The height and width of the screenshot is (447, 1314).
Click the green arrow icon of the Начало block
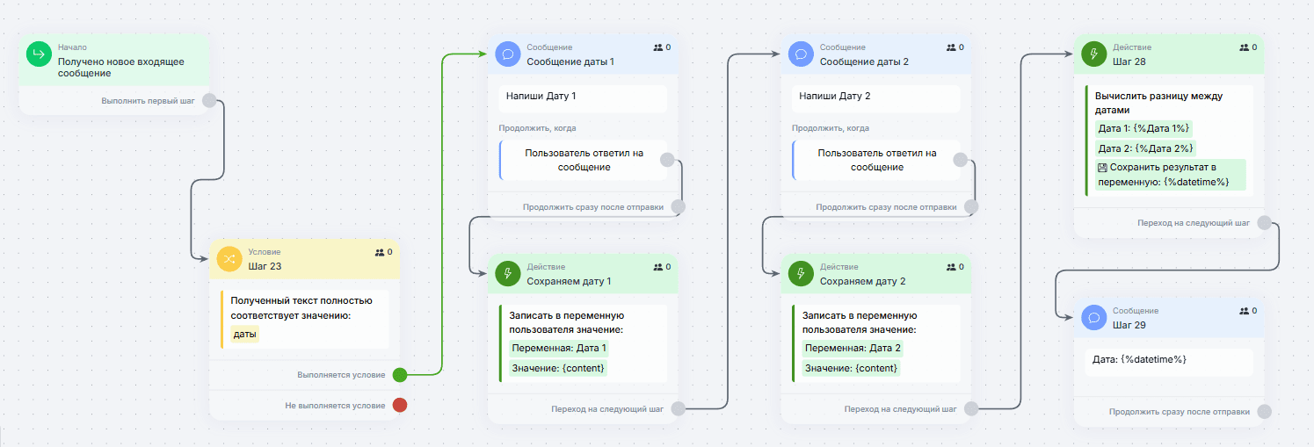click(39, 54)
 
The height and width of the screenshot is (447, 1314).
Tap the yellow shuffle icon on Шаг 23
click(229, 259)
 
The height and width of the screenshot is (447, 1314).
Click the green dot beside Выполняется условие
click(400, 375)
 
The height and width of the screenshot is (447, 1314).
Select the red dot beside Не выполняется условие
click(400, 405)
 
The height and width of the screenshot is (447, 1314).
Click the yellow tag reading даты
click(244, 334)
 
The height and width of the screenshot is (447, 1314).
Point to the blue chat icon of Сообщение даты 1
click(508, 54)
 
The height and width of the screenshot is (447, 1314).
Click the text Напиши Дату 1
click(541, 96)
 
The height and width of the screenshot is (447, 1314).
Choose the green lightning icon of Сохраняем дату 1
click(508, 274)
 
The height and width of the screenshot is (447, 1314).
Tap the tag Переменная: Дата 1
click(558, 348)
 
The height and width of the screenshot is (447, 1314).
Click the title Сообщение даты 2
click(864, 61)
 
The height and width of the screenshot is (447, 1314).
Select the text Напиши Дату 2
click(834, 96)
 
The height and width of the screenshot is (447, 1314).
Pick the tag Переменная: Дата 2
click(853, 348)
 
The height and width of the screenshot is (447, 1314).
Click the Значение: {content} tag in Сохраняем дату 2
click(851, 368)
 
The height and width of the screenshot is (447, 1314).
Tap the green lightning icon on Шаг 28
click(1094, 54)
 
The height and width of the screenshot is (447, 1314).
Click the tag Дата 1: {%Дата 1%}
click(1143, 128)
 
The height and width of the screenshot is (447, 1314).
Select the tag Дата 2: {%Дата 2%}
click(1145, 148)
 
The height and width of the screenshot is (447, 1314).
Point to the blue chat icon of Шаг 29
click(1094, 318)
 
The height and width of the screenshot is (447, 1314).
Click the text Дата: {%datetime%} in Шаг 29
click(1139, 360)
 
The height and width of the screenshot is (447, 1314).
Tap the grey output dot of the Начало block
click(209, 101)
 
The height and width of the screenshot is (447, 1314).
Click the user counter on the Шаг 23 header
click(383, 253)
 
